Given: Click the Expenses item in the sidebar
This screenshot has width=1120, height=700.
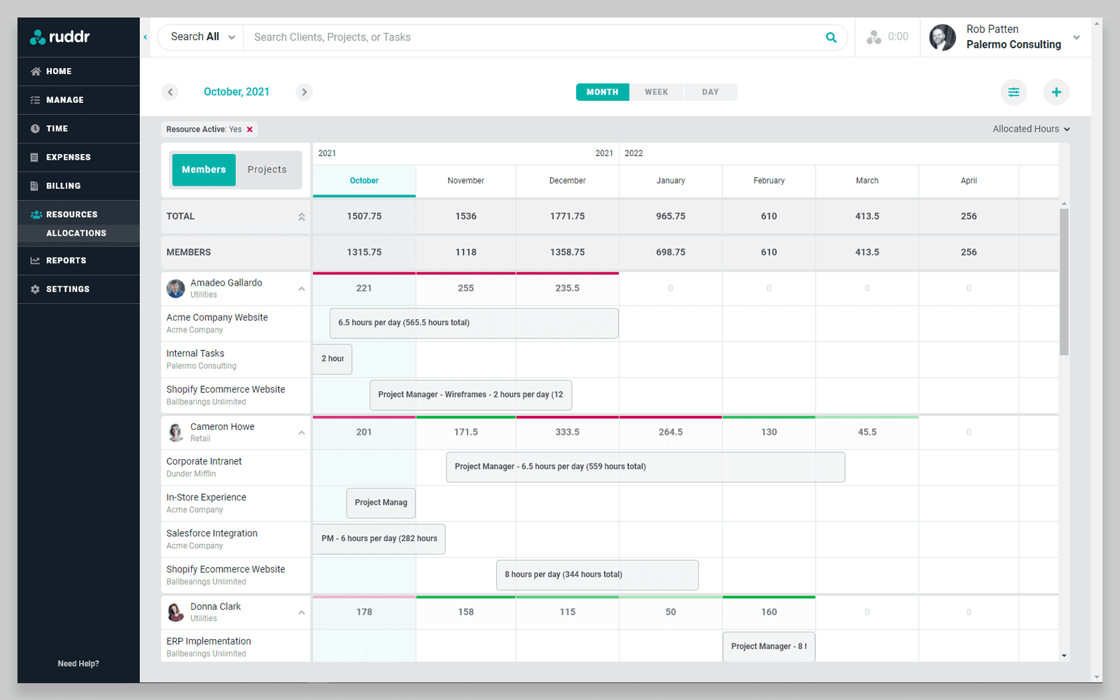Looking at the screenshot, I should pyautogui.click(x=68, y=157).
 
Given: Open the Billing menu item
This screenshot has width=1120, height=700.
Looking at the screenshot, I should pyautogui.click(x=63, y=186).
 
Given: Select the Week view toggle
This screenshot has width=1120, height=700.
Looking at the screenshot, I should pyautogui.click(x=656, y=92).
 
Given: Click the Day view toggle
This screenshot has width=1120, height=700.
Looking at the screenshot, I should pyautogui.click(x=710, y=92).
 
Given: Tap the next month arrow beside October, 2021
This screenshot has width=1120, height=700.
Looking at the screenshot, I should pyautogui.click(x=304, y=92).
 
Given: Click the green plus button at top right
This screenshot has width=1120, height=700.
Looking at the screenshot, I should pyautogui.click(x=1056, y=92).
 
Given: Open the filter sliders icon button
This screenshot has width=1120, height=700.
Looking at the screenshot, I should pyautogui.click(x=1013, y=92).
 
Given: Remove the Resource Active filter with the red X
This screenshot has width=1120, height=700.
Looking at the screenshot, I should pyautogui.click(x=250, y=129).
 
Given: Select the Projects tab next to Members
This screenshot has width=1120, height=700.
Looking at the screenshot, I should pyautogui.click(x=267, y=169).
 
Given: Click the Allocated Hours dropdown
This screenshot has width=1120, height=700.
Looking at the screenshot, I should pyautogui.click(x=1030, y=129).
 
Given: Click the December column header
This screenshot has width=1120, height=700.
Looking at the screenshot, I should pyautogui.click(x=567, y=181).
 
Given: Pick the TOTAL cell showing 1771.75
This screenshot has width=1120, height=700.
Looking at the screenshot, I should pyautogui.click(x=567, y=216).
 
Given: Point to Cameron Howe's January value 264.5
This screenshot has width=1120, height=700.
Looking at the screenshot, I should pyautogui.click(x=670, y=432).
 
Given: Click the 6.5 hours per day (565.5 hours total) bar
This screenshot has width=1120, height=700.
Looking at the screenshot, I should pyautogui.click(x=474, y=323).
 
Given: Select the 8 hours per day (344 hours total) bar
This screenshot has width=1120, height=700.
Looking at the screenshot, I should pyautogui.click(x=596, y=575).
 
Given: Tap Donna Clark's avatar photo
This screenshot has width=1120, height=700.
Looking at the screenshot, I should pyautogui.click(x=176, y=612).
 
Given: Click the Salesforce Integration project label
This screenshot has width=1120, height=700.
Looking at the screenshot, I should pyautogui.click(x=211, y=533).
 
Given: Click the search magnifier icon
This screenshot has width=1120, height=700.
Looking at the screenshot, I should pyautogui.click(x=831, y=37).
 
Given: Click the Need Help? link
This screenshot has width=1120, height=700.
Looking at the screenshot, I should pyautogui.click(x=78, y=664).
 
